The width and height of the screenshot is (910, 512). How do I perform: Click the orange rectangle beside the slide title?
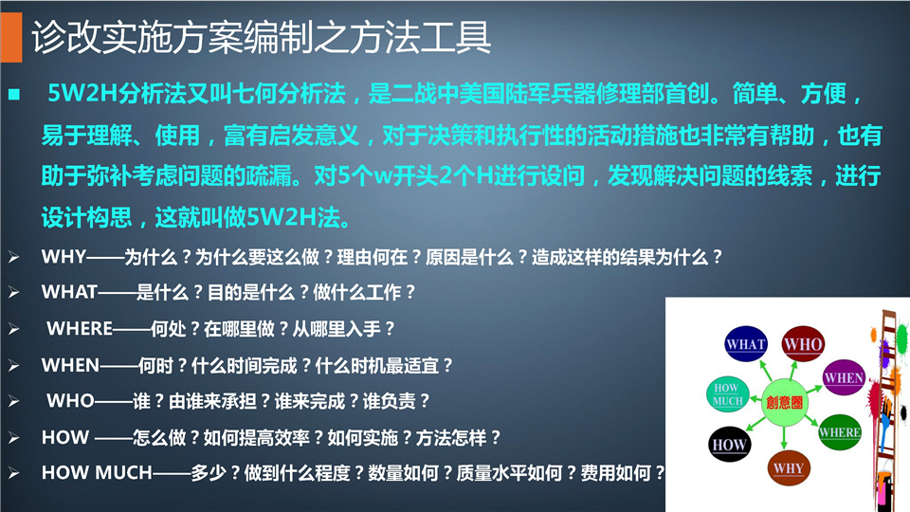point(11,38)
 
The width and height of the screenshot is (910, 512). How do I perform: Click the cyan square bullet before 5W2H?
point(14,94)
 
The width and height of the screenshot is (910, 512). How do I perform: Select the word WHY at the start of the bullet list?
point(64,257)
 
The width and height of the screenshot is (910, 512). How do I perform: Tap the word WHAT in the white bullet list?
point(69,291)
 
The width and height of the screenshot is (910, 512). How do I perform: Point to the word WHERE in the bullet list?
point(80,329)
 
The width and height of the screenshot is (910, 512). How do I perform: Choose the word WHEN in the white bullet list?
point(70,365)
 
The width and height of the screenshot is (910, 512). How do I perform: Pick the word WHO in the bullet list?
point(70,400)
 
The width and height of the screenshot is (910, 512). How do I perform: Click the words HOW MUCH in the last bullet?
point(97,472)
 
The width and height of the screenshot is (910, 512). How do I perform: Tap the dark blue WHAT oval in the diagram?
point(746,343)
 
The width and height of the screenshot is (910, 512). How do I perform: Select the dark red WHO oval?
point(803,343)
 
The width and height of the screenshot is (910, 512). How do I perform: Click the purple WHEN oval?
point(844,377)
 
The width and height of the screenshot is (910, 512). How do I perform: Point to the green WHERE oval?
point(839,432)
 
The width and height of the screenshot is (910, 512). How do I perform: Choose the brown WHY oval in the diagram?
point(788,467)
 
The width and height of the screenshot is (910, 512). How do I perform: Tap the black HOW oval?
point(730,445)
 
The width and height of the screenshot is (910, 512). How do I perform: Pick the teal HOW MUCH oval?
point(728,394)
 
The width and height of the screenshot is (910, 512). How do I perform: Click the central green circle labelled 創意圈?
point(784,402)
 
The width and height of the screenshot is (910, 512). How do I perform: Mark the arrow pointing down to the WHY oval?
point(785,436)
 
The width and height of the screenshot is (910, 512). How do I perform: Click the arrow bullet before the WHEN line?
point(14,366)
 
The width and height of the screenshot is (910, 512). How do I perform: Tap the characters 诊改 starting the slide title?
point(65,37)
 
